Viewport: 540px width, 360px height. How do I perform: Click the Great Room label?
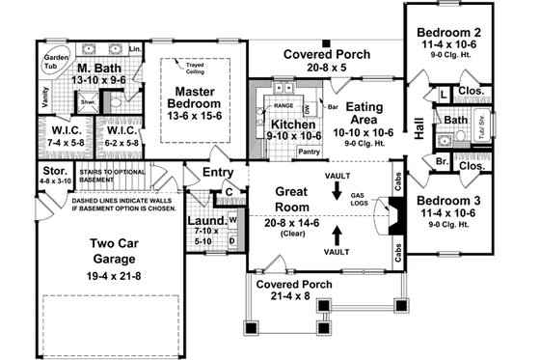coord(291,197)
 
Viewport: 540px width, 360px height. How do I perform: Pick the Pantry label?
coord(309,152)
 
